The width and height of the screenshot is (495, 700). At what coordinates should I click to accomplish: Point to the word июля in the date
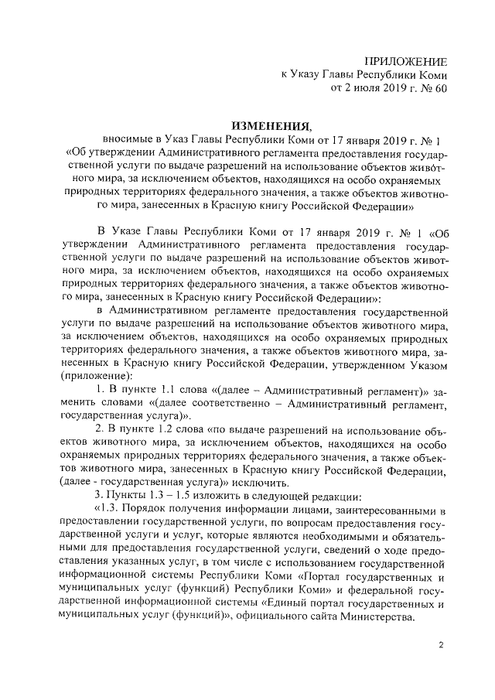coord(367,89)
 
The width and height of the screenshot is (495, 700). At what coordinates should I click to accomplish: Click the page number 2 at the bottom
coord(441,646)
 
